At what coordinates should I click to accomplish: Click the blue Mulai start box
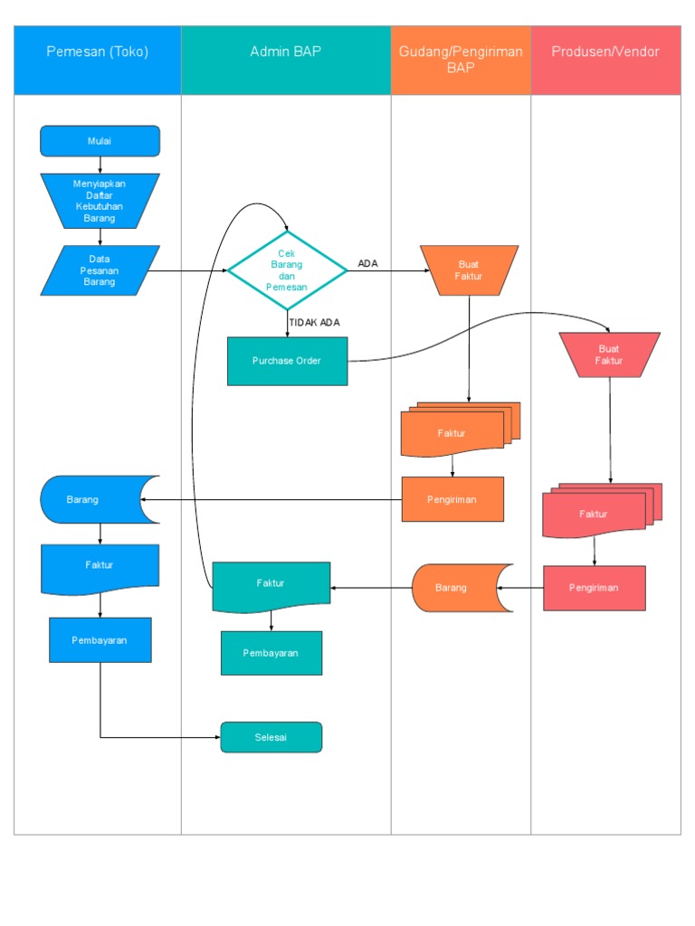click(100, 141)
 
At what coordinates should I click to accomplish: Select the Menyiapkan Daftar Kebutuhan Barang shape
click(100, 200)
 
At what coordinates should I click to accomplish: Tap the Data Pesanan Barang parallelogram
click(100, 270)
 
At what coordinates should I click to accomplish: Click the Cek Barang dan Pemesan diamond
click(287, 269)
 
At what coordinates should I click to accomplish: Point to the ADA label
click(367, 264)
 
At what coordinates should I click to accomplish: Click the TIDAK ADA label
click(314, 322)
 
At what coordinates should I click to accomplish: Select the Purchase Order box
click(287, 361)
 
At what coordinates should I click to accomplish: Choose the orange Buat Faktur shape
click(469, 270)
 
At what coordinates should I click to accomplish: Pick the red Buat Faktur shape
click(609, 354)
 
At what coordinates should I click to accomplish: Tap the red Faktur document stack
click(595, 514)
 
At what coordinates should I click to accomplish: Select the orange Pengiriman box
click(452, 499)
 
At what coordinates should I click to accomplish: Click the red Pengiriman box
click(595, 588)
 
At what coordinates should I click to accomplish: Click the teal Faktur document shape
click(271, 584)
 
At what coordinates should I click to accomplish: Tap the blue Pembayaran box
click(100, 640)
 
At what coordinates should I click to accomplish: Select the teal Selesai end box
click(271, 737)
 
